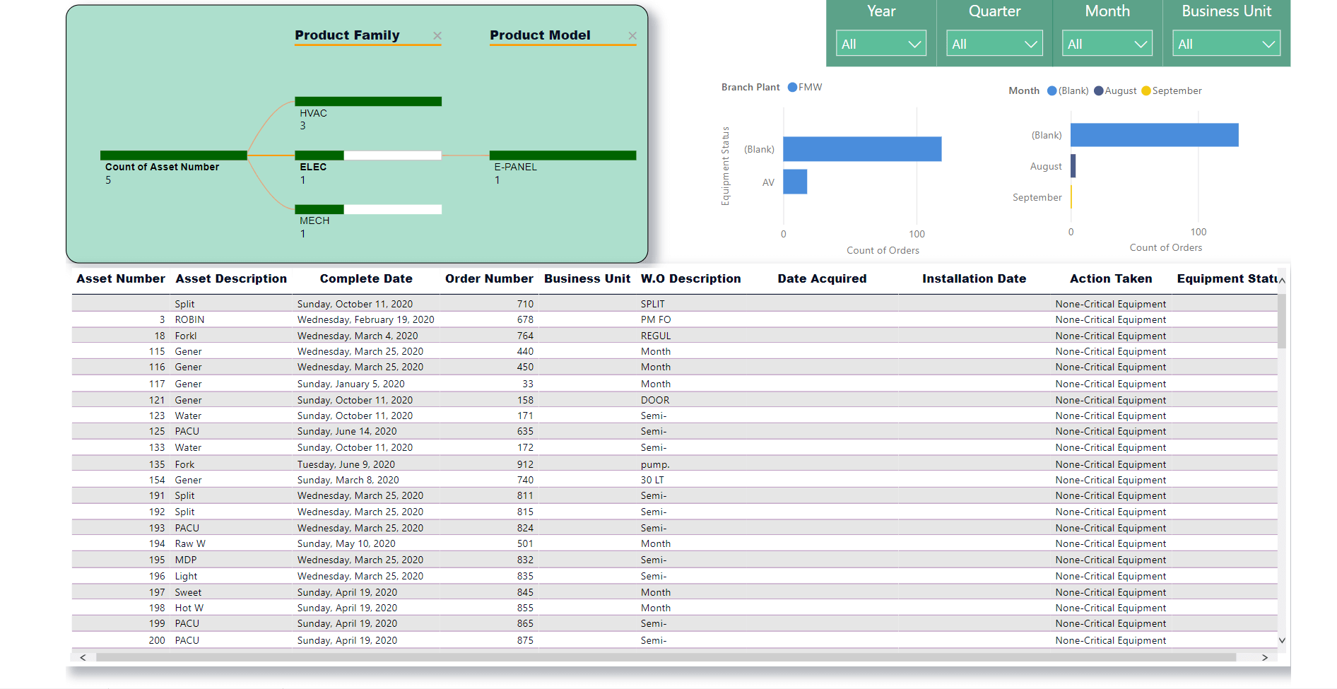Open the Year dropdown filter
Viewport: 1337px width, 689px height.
pyautogui.click(x=881, y=44)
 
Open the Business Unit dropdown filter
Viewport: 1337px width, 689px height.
pyautogui.click(x=1226, y=44)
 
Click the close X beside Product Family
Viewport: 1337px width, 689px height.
pyautogui.click(x=437, y=35)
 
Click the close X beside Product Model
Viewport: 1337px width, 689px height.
pyautogui.click(x=632, y=35)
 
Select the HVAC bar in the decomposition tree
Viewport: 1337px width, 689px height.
pyautogui.click(x=368, y=101)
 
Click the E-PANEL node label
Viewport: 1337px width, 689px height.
pyautogui.click(x=516, y=167)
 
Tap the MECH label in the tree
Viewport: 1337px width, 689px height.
pyautogui.click(x=314, y=220)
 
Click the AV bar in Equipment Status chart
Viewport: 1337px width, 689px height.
pyautogui.click(x=795, y=182)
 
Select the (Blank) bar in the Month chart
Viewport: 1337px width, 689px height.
pyautogui.click(x=1155, y=135)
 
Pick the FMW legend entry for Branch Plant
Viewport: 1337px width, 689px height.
pyautogui.click(x=805, y=87)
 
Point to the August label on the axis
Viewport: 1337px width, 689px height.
pyautogui.click(x=1046, y=166)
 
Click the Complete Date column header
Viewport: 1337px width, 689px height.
pyautogui.click(x=366, y=278)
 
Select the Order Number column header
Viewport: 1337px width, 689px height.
pyautogui.click(x=489, y=278)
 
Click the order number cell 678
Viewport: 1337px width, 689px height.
pyautogui.click(x=525, y=319)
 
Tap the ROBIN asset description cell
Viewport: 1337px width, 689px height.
pyautogui.click(x=189, y=319)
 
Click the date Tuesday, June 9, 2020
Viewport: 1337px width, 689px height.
pyautogui.click(x=346, y=464)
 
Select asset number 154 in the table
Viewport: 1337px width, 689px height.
pyautogui.click(x=157, y=480)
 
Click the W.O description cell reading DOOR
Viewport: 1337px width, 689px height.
pyautogui.click(x=655, y=400)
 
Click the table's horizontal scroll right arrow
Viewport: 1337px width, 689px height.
pyautogui.click(x=1265, y=657)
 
